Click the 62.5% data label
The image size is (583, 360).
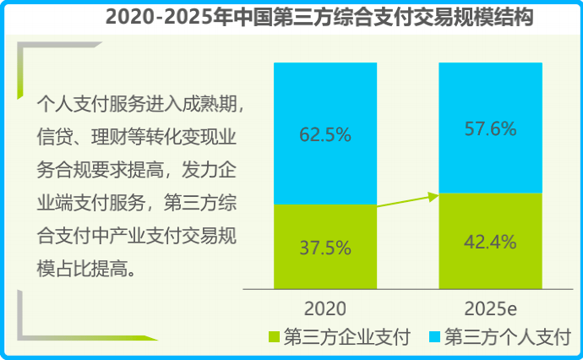pyautogui.click(x=325, y=134)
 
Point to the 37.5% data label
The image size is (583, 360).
pyautogui.click(x=325, y=248)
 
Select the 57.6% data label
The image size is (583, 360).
pyautogui.click(x=491, y=129)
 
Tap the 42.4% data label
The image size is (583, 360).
pyautogui.click(x=491, y=243)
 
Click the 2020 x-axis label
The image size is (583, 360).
pyautogui.click(x=325, y=307)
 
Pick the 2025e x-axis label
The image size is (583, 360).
pyautogui.click(x=491, y=307)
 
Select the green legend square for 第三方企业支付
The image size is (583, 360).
pyautogui.click(x=275, y=338)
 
